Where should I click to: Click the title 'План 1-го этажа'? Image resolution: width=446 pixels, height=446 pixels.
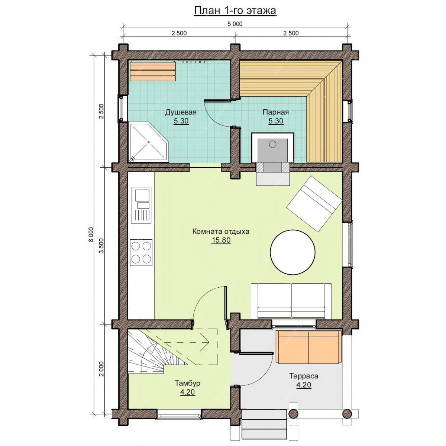click(x=235, y=11)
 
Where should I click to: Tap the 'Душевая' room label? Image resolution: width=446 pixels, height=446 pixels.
click(x=181, y=112)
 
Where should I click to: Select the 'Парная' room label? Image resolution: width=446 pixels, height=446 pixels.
click(x=276, y=112)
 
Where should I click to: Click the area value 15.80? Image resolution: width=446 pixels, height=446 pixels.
click(x=221, y=240)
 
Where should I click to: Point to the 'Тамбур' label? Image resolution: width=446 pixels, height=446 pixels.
click(x=187, y=383)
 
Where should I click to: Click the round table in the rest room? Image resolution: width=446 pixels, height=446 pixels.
click(x=293, y=252)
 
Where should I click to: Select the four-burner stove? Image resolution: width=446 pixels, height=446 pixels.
click(x=142, y=252)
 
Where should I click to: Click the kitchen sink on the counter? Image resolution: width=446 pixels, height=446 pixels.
click(x=141, y=205)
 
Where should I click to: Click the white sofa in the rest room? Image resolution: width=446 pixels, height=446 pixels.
click(x=292, y=301)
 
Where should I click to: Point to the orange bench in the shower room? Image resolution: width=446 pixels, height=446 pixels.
click(x=152, y=71)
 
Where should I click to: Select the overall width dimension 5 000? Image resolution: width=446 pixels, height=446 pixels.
click(x=235, y=24)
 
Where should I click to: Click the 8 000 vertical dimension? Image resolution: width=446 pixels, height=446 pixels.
click(x=91, y=235)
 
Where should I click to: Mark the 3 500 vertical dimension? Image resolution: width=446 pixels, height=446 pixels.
click(x=101, y=245)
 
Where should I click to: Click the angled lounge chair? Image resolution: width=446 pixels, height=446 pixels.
click(x=314, y=204)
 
